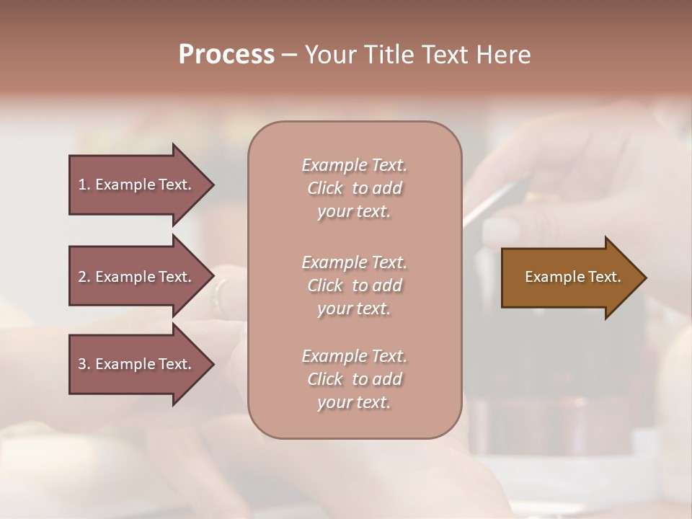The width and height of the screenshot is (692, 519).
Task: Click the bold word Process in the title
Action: (x=226, y=55)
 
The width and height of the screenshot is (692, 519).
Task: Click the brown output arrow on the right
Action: (x=569, y=277)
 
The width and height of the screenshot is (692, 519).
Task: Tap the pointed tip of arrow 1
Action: (x=212, y=185)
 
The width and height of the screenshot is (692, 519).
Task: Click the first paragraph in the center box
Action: (x=354, y=188)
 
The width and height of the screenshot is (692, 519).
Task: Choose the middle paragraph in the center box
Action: (x=354, y=285)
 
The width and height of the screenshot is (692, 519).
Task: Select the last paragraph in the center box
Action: (x=354, y=379)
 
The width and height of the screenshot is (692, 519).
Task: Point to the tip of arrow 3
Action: (x=212, y=364)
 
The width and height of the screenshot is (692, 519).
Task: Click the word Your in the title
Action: (x=332, y=55)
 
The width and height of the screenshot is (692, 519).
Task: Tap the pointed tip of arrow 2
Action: (x=212, y=277)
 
